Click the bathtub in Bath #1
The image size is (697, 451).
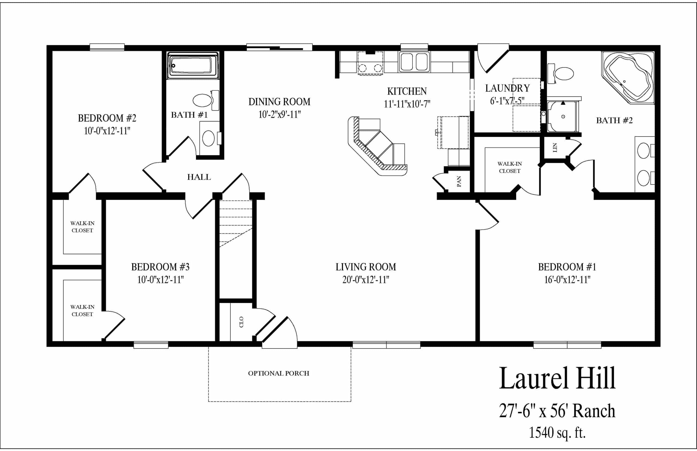192,65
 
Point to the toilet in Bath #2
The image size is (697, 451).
561,74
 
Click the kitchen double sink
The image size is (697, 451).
414,62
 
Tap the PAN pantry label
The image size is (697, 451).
459,182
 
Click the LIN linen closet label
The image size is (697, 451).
554,148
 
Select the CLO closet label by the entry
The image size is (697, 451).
241,322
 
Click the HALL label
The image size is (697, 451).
199,177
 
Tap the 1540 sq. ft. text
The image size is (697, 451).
557,432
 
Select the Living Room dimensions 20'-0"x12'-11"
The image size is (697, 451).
366,280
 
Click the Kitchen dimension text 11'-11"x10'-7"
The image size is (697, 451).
407,104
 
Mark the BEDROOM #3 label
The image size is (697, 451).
160,267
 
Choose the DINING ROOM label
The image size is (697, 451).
279,102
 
